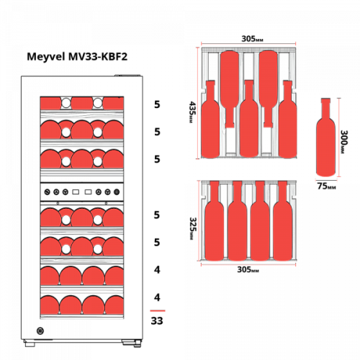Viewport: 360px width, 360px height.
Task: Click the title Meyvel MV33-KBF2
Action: [77, 57]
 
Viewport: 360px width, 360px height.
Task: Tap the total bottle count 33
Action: [157, 320]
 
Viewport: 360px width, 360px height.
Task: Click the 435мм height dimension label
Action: [192, 112]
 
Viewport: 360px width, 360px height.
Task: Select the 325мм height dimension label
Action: [193, 228]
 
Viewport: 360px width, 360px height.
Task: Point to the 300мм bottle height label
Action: [344, 142]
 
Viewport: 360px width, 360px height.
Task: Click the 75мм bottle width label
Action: [326, 186]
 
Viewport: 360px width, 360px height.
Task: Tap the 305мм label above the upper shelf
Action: [252, 39]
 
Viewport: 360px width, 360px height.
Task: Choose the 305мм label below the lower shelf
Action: [248, 269]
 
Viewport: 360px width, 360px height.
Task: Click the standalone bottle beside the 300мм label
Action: [325, 138]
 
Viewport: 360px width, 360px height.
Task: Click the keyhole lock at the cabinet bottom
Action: [40, 331]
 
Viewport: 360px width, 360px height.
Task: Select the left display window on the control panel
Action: [76, 192]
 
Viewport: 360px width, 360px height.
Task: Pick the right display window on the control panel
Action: [89, 192]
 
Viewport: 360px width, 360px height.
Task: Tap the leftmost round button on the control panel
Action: [48, 192]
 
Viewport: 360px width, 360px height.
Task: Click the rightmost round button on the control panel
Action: [117, 192]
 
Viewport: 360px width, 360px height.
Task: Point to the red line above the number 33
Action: [158, 310]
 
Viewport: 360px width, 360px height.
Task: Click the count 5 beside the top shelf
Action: [157, 104]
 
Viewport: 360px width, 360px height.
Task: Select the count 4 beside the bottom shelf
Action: [157, 297]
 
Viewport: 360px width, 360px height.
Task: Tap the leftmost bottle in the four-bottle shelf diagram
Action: [215, 221]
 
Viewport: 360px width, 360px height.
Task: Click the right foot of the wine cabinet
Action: [131, 343]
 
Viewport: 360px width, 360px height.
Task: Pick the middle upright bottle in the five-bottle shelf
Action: [249, 119]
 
